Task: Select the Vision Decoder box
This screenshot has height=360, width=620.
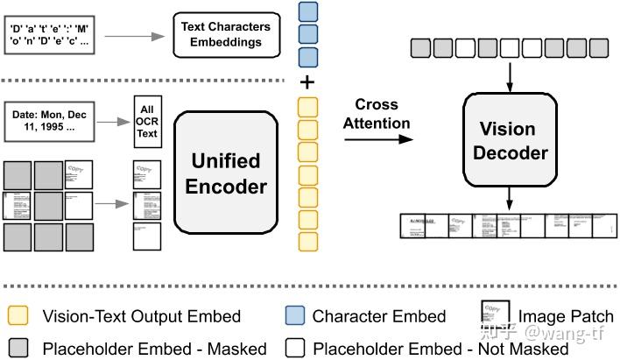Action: (x=511, y=140)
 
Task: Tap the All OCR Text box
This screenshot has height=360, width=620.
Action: (x=147, y=122)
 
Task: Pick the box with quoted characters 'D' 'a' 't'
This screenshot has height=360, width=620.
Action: (x=53, y=35)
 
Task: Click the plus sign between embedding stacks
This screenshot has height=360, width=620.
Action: (x=307, y=83)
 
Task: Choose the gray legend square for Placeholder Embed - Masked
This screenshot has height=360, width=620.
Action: (x=18, y=347)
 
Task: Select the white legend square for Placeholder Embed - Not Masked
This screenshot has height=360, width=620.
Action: (x=294, y=347)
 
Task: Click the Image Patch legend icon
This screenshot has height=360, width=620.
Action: (x=496, y=313)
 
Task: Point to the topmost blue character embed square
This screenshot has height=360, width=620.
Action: (x=307, y=12)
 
